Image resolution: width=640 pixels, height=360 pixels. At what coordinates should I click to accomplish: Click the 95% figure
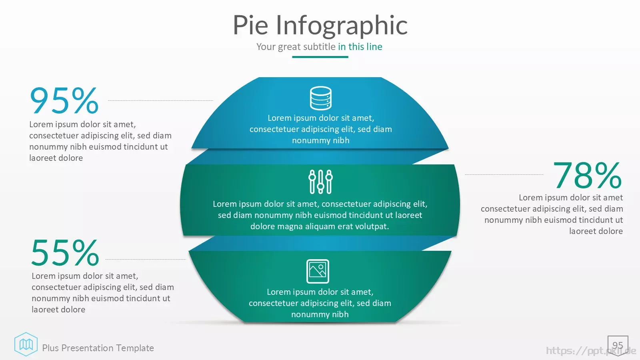(x=64, y=100)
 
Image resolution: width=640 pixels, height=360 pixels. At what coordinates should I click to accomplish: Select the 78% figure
(x=588, y=175)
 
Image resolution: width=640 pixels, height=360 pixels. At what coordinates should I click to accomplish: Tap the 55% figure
(x=65, y=252)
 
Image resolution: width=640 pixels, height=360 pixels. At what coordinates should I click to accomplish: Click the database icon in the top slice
(x=320, y=98)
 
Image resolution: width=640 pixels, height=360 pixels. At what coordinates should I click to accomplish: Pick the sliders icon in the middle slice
(x=320, y=182)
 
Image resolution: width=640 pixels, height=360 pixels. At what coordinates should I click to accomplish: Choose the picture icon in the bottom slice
(x=318, y=271)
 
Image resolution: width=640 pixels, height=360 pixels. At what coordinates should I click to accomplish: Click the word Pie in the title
(x=250, y=25)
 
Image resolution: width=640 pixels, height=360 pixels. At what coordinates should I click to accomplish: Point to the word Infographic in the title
(x=342, y=26)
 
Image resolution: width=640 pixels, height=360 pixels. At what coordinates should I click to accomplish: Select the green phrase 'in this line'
(x=360, y=46)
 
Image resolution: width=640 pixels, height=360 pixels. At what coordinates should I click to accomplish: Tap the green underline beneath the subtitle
(x=320, y=57)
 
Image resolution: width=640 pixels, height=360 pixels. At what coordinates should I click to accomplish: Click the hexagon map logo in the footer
(x=26, y=344)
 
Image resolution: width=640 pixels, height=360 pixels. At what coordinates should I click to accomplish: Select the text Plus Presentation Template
(x=98, y=348)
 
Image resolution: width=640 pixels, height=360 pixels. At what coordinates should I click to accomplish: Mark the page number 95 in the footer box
(x=618, y=345)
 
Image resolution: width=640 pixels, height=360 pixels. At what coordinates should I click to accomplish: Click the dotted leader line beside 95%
(x=160, y=100)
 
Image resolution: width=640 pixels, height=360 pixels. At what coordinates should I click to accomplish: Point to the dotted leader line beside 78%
(x=504, y=174)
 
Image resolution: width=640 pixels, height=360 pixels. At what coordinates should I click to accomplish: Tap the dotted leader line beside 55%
(x=146, y=260)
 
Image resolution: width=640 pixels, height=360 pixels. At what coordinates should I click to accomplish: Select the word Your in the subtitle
(x=266, y=46)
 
